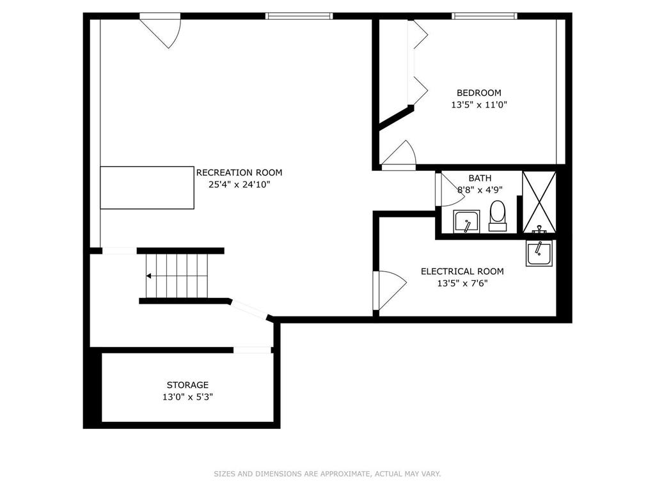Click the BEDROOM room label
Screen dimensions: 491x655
click(478, 93)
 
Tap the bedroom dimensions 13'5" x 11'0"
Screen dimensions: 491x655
click(478, 105)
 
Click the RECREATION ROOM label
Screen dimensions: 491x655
click(239, 173)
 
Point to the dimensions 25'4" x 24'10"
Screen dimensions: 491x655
click(239, 185)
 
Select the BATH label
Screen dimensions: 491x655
click(480, 178)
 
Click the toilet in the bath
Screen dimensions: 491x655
click(497, 215)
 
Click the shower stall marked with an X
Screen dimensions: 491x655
click(539, 201)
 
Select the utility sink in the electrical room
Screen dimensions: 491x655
click(539, 253)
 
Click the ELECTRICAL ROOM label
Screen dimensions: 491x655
click(462, 272)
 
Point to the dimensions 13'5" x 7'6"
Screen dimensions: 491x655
click(462, 284)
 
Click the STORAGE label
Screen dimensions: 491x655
click(187, 385)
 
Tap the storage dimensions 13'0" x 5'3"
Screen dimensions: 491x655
click(187, 397)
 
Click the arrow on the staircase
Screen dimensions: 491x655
click(149, 276)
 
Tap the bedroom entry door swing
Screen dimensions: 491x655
click(400, 155)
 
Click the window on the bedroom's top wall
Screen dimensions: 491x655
click(484, 16)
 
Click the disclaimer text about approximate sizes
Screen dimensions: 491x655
click(327, 474)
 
